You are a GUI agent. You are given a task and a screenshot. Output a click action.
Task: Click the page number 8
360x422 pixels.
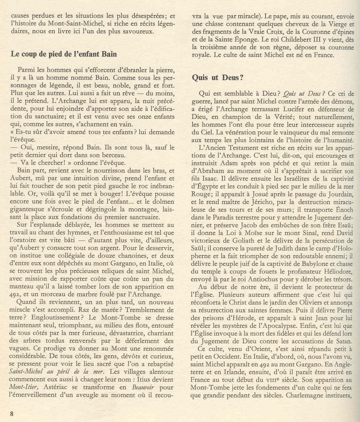click(12, 414)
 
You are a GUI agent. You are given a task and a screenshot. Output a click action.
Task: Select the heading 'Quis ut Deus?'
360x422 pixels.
click(218, 78)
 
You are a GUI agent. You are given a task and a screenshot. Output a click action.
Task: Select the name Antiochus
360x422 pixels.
click(267, 279)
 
